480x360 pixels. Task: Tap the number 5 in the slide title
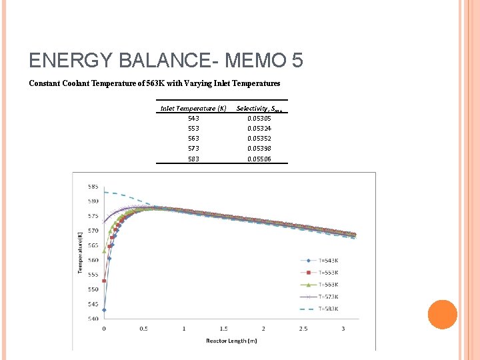(x=297, y=61)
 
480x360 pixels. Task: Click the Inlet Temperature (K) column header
(x=193, y=108)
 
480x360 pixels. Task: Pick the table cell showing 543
(x=193, y=118)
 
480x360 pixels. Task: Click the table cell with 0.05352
(x=259, y=138)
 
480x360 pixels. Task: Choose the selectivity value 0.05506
(x=259, y=159)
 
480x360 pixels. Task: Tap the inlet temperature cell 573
(x=193, y=148)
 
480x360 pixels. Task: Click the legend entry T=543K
(x=327, y=260)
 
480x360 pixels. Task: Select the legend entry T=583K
(x=327, y=309)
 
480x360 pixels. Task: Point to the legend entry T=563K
(x=327, y=285)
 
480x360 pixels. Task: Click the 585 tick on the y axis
(x=93, y=186)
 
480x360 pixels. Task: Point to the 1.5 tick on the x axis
(x=224, y=329)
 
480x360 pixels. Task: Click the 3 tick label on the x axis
(x=343, y=329)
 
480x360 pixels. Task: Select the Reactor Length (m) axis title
(x=231, y=341)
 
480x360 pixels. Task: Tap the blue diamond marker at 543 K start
(x=104, y=310)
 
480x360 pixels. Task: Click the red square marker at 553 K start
(x=104, y=281)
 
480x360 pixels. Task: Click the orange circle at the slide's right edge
(x=442, y=314)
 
